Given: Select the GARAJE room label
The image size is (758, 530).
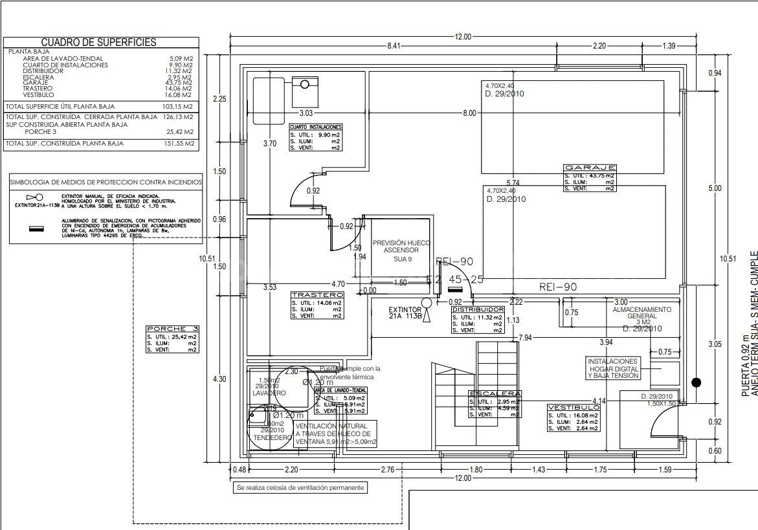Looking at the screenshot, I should [x=589, y=168].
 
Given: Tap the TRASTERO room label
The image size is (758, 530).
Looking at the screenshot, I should [x=317, y=294].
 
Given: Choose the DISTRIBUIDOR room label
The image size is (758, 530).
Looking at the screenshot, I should [x=496, y=310].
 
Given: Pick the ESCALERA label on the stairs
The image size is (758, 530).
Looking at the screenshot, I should [x=495, y=394].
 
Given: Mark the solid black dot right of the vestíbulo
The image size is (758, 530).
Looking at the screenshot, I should [x=696, y=382].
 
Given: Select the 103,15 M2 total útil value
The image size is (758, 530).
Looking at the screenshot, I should [x=177, y=106].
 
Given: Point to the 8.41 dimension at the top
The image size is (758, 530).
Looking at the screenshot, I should [x=394, y=46].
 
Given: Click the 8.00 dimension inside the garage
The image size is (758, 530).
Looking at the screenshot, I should [x=469, y=113].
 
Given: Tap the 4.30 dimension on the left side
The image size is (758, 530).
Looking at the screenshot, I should [x=219, y=379].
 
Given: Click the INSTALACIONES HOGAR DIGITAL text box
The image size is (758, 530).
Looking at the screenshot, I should [x=613, y=368].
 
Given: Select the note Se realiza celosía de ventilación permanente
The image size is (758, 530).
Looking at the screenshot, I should [x=300, y=487].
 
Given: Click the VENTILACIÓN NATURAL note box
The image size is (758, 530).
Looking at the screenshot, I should [x=335, y=434].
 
